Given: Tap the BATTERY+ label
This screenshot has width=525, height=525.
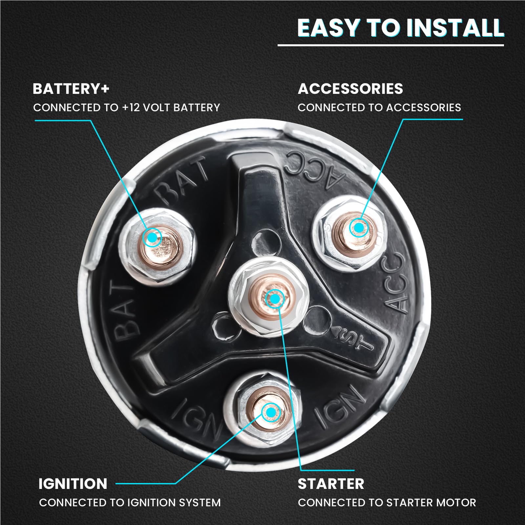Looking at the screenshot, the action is pyautogui.click(x=71, y=89).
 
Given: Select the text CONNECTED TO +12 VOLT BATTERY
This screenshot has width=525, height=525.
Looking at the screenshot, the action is pyautogui.click(x=127, y=108).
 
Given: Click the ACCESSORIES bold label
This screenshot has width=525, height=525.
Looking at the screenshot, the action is pyautogui.click(x=350, y=89).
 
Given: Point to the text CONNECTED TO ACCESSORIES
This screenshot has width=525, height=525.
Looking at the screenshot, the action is pyautogui.click(x=379, y=108).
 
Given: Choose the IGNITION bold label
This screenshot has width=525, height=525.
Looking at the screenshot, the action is pyautogui.click(x=73, y=484).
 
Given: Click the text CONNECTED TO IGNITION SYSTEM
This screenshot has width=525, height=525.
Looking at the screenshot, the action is pyautogui.click(x=130, y=503).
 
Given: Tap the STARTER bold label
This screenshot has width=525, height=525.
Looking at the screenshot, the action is pyautogui.click(x=331, y=484).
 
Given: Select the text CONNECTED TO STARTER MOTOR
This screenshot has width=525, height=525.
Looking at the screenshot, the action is pyautogui.click(x=387, y=503).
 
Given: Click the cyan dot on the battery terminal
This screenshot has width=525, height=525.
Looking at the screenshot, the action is pyautogui.click(x=152, y=237).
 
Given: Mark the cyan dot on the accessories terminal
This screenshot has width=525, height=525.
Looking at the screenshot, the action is pyautogui.click(x=359, y=227).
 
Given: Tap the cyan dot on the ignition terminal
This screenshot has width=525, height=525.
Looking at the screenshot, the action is pyautogui.click(x=271, y=412).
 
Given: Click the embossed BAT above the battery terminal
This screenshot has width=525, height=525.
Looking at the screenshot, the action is pyautogui.click(x=181, y=181).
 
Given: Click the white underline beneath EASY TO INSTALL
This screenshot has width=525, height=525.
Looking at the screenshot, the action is pyautogui.click(x=391, y=45).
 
